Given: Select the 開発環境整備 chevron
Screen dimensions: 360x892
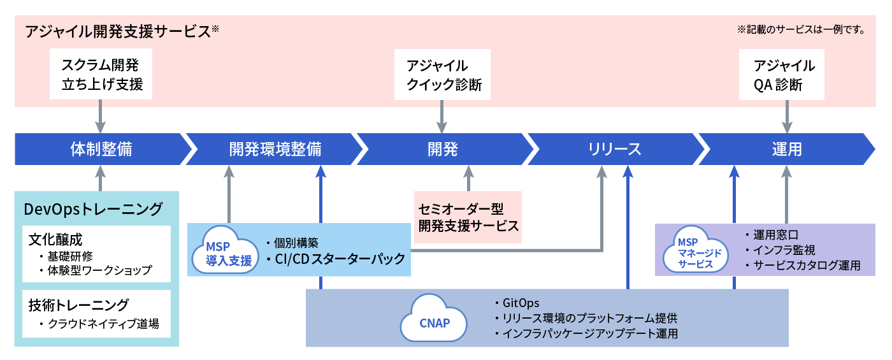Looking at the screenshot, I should [275, 149].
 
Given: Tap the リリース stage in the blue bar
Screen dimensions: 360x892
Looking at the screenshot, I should [614, 149].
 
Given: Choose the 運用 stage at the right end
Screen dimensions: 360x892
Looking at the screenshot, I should [786, 149].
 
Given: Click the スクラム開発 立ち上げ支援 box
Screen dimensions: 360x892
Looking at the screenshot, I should [101, 74].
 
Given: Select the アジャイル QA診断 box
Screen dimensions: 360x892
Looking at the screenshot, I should [782, 75].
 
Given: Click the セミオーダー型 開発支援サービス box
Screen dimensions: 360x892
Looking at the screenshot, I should [468, 217].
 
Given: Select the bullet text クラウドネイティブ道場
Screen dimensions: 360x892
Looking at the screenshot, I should [102, 324].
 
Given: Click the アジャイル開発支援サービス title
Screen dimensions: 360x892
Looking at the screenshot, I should [118, 31].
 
